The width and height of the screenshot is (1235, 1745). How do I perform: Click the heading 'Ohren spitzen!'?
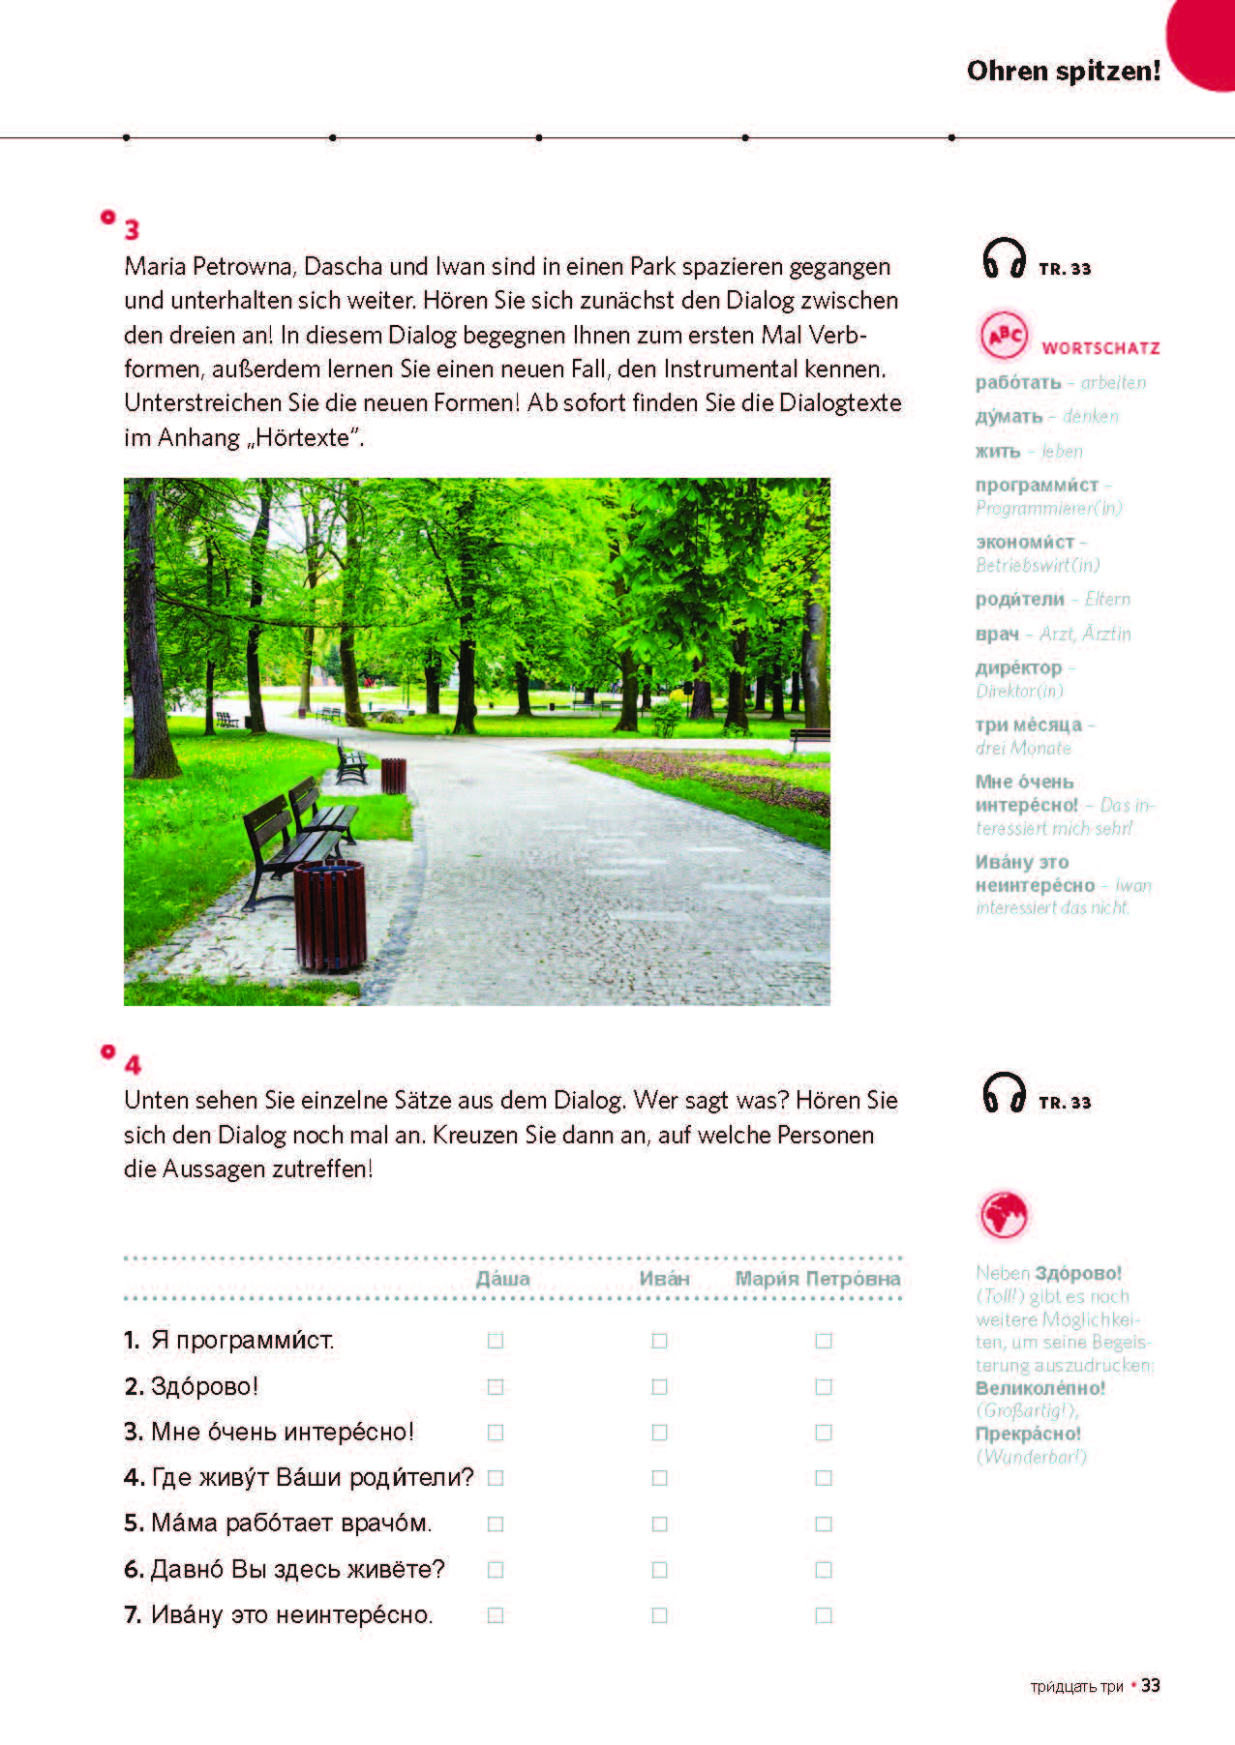[1063, 71]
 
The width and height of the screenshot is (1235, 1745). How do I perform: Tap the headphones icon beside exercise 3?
[1004, 258]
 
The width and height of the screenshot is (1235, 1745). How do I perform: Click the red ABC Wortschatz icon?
[1004, 336]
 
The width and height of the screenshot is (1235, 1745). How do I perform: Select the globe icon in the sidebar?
[1003, 1214]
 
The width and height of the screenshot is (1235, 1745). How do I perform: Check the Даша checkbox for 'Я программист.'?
[496, 1341]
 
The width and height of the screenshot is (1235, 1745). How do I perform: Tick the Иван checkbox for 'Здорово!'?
[659, 1386]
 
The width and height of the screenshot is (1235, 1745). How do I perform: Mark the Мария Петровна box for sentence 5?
[824, 1523]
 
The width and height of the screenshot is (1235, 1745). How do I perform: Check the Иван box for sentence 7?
[659, 1614]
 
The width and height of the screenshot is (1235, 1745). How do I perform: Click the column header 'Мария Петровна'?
[818, 1279]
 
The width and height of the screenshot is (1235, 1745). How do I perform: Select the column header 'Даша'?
[503, 1279]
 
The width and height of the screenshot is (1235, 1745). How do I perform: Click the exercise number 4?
[133, 1065]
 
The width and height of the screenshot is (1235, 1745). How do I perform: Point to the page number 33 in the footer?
[1150, 1685]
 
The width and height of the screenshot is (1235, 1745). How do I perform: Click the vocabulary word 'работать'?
[1018, 382]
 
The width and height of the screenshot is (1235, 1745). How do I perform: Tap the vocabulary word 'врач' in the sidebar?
[997, 634]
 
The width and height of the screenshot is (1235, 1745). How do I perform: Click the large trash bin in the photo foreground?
[330, 914]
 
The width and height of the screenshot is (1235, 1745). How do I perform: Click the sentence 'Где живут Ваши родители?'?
[312, 1477]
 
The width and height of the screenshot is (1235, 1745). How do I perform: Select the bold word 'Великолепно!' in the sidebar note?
[1040, 1388]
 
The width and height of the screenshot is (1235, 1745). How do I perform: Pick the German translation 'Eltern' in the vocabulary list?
[1107, 599]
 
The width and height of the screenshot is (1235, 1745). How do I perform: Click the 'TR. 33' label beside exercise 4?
[1065, 1103]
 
